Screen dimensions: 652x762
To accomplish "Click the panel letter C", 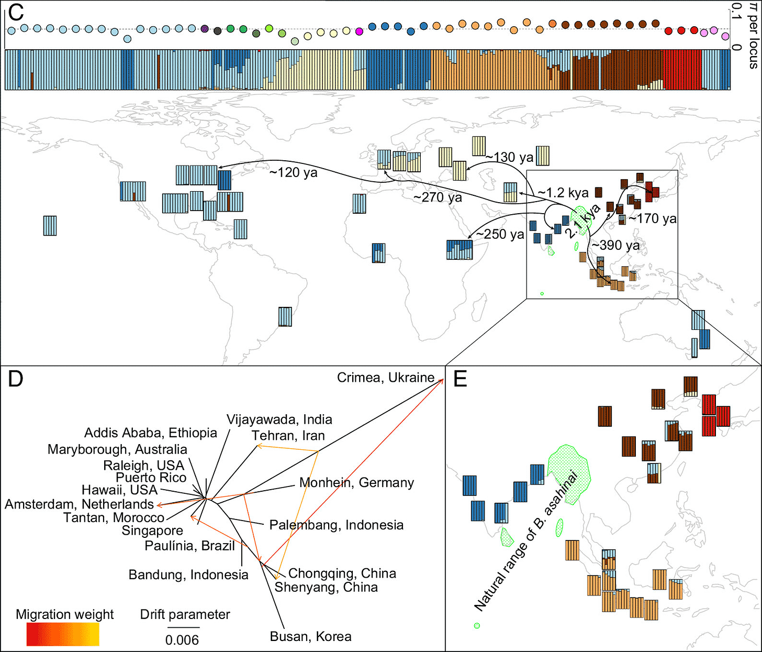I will [16, 12].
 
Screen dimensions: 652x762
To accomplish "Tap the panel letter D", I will [15, 379].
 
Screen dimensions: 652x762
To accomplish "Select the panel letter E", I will [460, 379].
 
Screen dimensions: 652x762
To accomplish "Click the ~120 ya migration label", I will [293, 172].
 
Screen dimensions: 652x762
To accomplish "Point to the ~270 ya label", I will [438, 197].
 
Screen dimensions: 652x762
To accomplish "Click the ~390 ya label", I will [615, 245].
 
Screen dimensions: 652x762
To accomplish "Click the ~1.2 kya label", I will [563, 193].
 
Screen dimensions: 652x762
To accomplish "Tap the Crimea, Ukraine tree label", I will [385, 378].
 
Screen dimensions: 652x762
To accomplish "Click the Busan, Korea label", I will [310, 636].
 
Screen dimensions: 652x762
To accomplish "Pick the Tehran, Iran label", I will [288, 435].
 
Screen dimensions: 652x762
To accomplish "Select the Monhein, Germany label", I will [356, 482].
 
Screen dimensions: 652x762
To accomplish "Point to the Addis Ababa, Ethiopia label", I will [151, 433].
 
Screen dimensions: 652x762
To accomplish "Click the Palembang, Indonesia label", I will [336, 525].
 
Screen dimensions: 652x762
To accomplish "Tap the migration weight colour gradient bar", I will [63, 635].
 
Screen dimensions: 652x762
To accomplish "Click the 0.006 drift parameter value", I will [182, 639].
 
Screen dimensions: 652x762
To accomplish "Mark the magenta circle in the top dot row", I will [359, 32].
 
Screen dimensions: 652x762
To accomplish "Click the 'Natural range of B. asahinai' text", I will [526, 542].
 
